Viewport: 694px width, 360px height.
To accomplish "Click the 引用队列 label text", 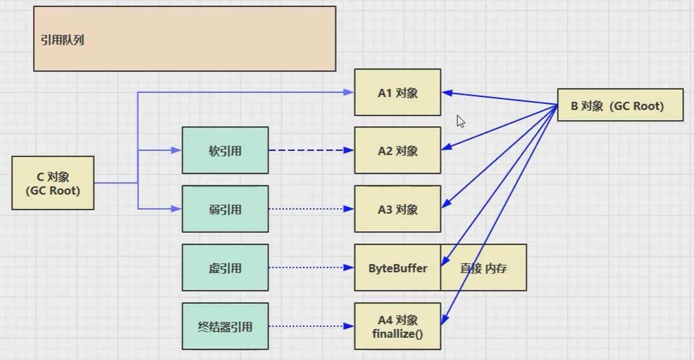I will (63, 40).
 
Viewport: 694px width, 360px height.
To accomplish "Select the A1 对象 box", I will (397, 92).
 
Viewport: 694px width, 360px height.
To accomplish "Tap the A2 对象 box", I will (397, 150).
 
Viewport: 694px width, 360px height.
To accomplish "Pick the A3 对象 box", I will (397, 209).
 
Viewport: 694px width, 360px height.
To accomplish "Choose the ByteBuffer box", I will (397, 268).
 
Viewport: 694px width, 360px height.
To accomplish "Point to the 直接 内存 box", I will (483, 268).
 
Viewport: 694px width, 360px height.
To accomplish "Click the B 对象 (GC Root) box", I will (620, 105).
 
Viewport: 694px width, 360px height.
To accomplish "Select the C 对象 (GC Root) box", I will (53, 183).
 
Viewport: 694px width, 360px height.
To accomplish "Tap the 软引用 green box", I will (225, 150).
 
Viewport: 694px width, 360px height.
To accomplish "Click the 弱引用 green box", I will (225, 209).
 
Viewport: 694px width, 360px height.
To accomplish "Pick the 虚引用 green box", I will (225, 268).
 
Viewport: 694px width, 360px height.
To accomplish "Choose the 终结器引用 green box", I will (225, 326).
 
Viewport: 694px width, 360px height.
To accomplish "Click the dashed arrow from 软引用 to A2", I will (310, 150).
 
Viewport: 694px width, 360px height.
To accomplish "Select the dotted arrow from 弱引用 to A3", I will (310, 209).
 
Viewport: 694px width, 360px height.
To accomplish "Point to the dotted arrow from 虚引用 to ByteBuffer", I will (310, 268).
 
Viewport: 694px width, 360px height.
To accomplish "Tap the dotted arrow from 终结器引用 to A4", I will (310, 326).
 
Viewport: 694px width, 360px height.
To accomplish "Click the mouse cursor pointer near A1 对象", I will (460, 121).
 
